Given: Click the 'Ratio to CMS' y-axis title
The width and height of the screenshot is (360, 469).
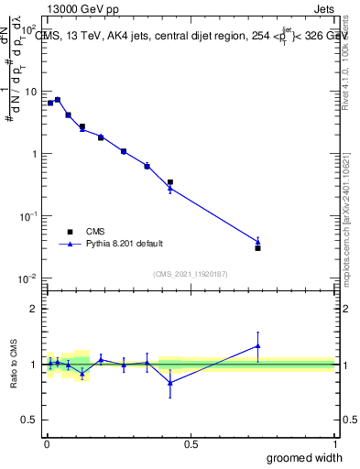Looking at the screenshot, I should (14, 364).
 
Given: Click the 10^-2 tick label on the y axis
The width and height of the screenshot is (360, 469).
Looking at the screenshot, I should (28, 278).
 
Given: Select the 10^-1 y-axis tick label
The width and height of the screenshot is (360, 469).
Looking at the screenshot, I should (28, 216).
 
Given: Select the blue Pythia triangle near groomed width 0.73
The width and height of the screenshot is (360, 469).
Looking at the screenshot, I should (258, 242).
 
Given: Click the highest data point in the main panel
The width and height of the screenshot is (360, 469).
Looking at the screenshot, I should (58, 99).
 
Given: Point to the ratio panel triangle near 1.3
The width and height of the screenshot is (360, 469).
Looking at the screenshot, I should (258, 345).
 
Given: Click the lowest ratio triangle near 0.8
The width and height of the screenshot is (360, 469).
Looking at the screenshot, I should (170, 382).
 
